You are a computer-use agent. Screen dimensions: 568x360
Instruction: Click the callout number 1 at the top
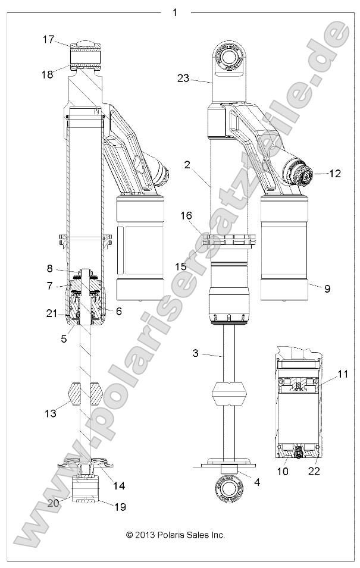(174, 12)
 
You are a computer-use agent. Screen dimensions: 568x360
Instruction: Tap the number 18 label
(48, 74)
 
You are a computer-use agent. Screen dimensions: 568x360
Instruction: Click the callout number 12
(335, 174)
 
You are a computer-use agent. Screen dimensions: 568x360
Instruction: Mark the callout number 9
(327, 288)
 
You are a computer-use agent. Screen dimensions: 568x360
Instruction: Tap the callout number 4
(256, 483)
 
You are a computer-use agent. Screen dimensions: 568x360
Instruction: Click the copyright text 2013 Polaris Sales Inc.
(176, 535)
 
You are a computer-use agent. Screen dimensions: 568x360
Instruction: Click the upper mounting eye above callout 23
(229, 58)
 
